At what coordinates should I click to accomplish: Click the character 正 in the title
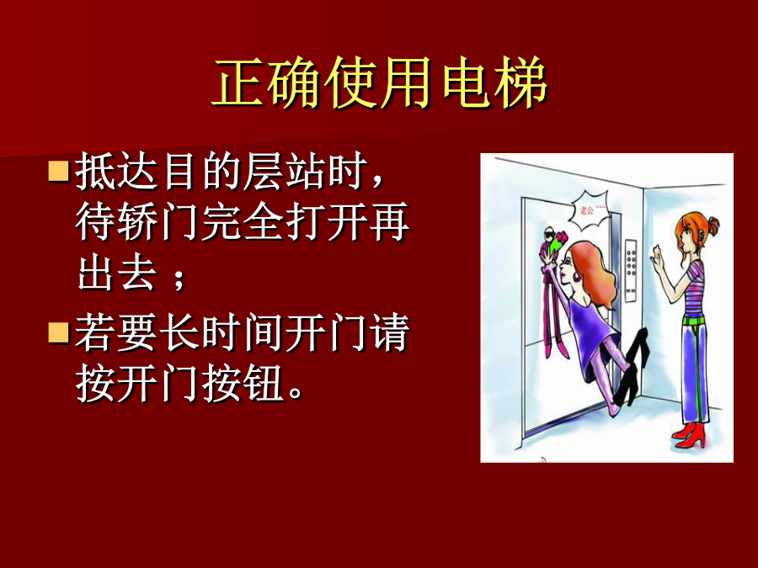coord(238,82)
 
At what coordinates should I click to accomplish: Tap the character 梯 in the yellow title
coord(521,82)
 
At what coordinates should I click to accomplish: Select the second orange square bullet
coord(58,332)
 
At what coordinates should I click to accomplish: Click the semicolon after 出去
coord(179,279)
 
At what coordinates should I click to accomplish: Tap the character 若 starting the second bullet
coord(95,332)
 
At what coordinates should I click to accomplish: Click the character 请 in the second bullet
coord(392,332)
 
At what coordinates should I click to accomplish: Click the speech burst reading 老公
coord(589,210)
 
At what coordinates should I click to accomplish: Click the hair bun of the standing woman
coord(713,225)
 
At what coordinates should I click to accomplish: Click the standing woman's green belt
coord(694,319)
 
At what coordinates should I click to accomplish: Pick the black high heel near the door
coord(634,366)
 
